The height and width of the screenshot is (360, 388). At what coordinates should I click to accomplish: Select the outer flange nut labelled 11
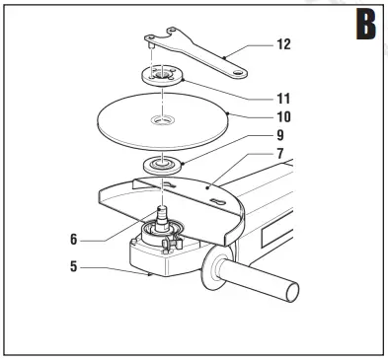coord(160,77)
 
